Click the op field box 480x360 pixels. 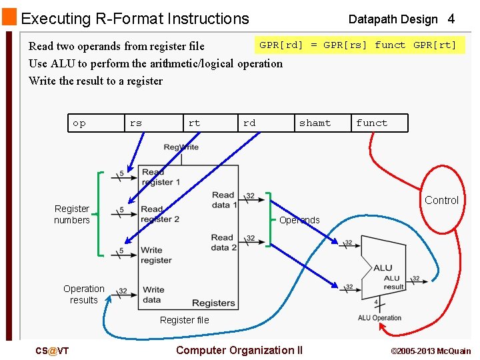click(96, 123)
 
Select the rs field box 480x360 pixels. click(153, 123)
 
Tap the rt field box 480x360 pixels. click(210, 123)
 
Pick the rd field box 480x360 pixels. click(265, 123)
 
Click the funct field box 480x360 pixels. click(379, 123)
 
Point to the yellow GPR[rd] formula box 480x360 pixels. click(358, 45)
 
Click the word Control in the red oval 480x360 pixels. click(441, 200)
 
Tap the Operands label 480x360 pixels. click(299, 220)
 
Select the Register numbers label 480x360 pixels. click(72, 214)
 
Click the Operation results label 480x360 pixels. click(84, 294)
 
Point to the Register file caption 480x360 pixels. click(184, 320)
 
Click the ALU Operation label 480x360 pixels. click(379, 318)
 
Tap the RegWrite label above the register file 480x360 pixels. click(181, 147)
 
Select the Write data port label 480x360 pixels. click(153, 294)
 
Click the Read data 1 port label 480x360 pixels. click(224, 200)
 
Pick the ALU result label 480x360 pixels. click(393, 282)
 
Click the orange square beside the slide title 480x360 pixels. click(9, 18)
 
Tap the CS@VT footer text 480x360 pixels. click(52, 351)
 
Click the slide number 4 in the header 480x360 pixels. click(451, 19)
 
